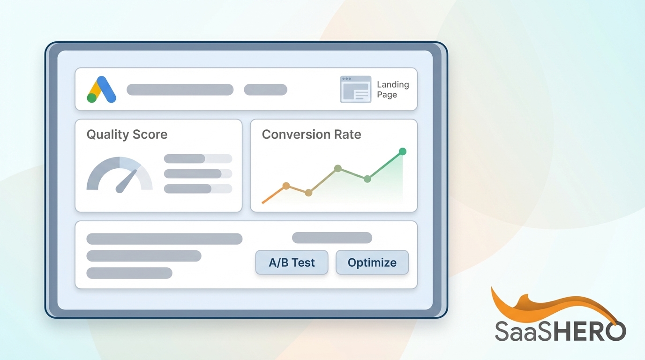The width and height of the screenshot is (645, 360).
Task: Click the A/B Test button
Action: tap(292, 262)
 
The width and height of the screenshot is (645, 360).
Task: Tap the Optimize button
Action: tap(372, 262)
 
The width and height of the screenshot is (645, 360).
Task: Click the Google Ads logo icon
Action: tap(101, 90)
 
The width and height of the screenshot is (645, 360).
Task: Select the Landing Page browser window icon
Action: tap(355, 89)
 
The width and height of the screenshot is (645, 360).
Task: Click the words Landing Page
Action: tap(393, 90)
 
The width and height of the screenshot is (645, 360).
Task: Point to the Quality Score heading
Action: tap(127, 135)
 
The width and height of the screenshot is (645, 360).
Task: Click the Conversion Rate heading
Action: tap(311, 135)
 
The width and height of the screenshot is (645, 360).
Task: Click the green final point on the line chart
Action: tap(402, 151)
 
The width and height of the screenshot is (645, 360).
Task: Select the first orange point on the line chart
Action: tap(286, 186)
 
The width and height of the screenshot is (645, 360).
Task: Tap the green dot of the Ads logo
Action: tap(92, 98)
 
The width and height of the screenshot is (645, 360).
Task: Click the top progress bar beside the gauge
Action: tap(198, 158)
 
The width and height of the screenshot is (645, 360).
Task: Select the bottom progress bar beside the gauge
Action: tap(198, 188)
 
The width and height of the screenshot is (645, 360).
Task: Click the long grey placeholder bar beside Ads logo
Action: tap(180, 90)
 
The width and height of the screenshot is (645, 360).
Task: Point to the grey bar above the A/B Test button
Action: tap(332, 238)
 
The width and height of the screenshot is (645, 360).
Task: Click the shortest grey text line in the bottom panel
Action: tap(129, 273)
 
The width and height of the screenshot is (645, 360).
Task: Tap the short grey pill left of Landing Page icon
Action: tap(265, 90)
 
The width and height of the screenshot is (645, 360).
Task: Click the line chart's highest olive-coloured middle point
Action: tap(337, 168)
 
